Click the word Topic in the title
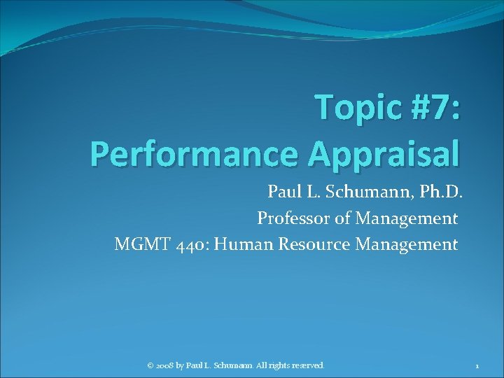pyautogui.click(x=358, y=108)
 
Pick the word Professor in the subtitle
pyautogui.click(x=294, y=218)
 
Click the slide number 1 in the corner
pyautogui.click(x=476, y=365)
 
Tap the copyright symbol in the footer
pyautogui.click(x=150, y=365)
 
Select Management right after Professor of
pyautogui.click(x=406, y=218)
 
